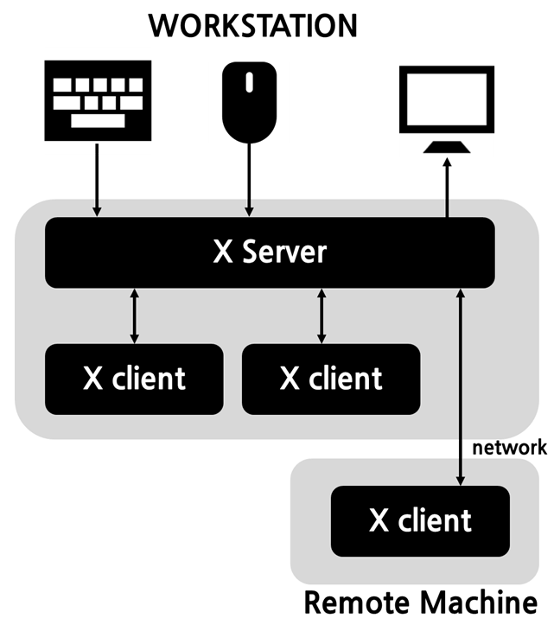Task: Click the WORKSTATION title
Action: tap(252, 25)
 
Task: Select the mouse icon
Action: tap(250, 102)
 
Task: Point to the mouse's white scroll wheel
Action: tap(250, 83)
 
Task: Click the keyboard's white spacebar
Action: tap(97, 120)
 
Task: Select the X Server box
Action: tap(270, 252)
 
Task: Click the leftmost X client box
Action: tap(134, 379)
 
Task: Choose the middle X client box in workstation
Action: tap(331, 379)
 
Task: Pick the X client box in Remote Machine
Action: tap(419, 520)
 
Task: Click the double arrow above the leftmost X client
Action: tap(134, 315)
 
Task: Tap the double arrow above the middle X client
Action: tap(322, 315)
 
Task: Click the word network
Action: tap(509, 447)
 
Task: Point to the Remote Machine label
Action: tap(419, 602)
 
